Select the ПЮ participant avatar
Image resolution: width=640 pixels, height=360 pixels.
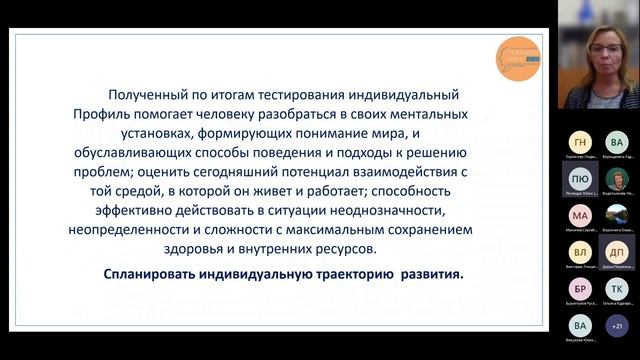point(580,178)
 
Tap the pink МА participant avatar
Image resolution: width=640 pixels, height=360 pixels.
point(580,215)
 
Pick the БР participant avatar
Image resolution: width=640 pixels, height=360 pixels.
point(580,288)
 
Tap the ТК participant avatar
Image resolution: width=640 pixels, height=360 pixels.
point(616,288)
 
